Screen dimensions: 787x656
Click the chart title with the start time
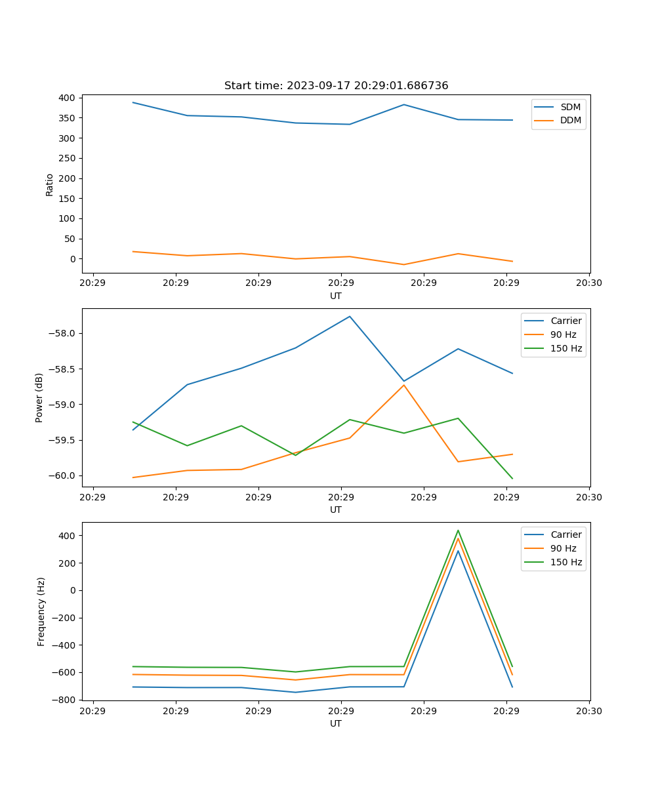tap(336, 86)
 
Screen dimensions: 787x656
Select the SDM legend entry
tap(570, 107)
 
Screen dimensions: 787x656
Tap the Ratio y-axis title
tap(50, 184)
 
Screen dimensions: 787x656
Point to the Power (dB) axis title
tap(39, 397)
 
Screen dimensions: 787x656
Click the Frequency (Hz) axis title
tap(41, 611)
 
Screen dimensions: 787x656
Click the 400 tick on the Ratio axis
tap(66, 98)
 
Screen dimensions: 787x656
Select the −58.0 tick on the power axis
tap(62, 333)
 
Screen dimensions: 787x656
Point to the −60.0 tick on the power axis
tap(62, 475)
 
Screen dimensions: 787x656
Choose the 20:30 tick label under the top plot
tap(588, 283)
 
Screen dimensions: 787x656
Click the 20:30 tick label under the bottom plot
tap(588, 711)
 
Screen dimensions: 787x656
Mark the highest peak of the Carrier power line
tap(350, 316)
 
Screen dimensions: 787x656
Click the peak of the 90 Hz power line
tap(404, 385)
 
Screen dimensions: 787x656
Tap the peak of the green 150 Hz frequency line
tap(458, 531)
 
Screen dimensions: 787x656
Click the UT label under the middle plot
tap(336, 510)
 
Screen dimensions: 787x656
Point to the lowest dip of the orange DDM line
tap(404, 264)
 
